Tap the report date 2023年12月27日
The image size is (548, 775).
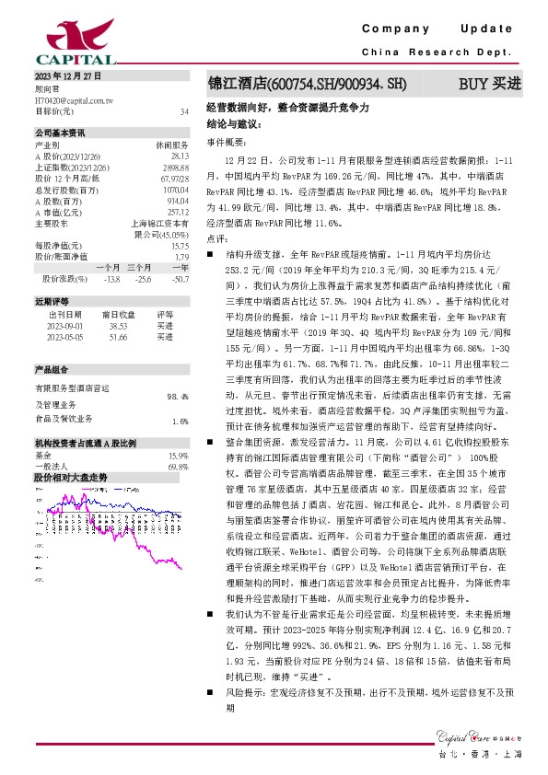64,75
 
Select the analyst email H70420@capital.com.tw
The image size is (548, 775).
73,99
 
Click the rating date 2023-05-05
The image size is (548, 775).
64,337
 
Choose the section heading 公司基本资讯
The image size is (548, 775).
60,133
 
